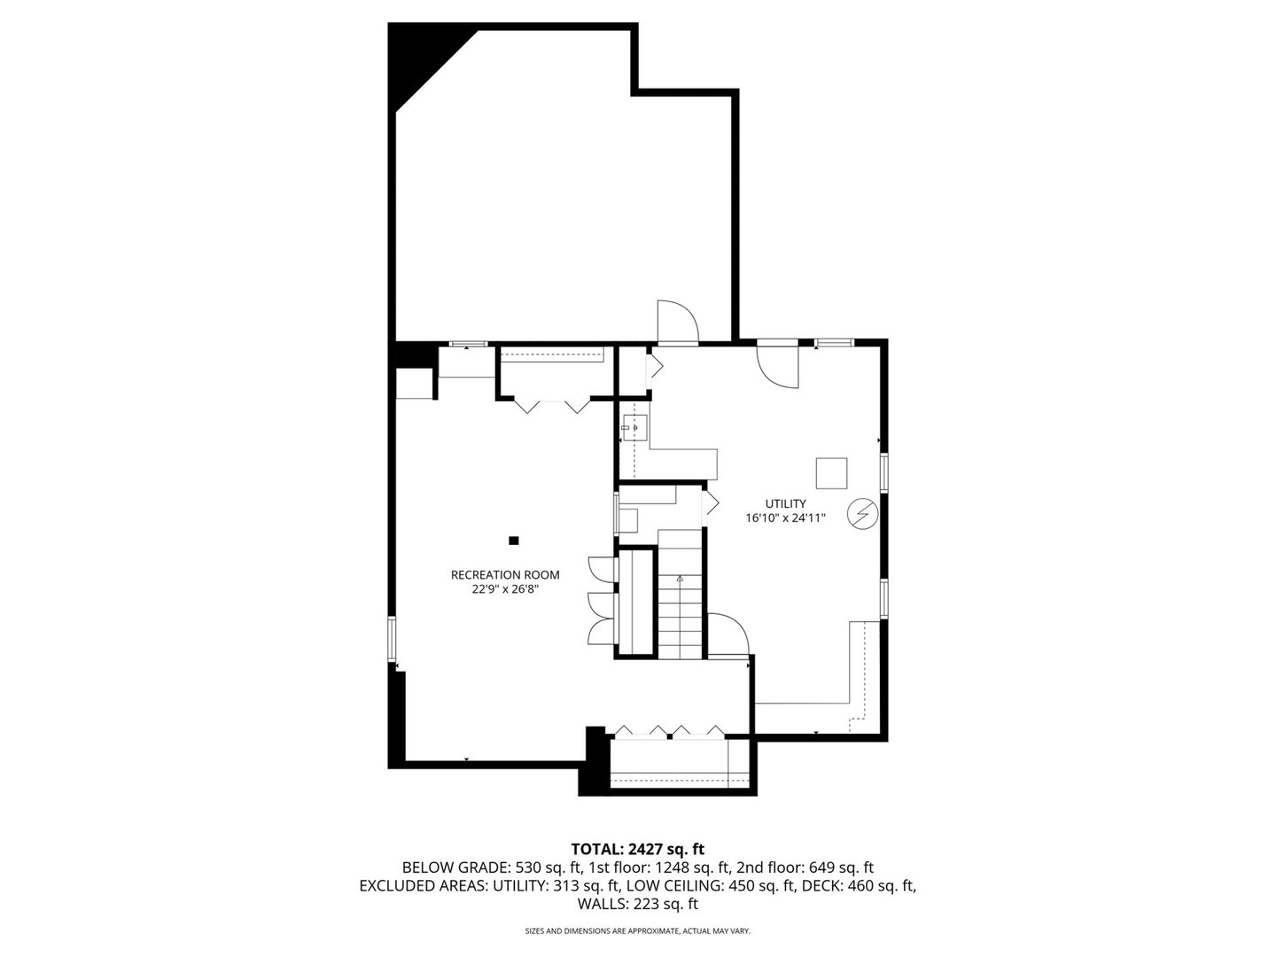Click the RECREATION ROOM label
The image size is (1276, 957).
pyautogui.click(x=505, y=574)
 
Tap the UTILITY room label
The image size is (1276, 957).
pyautogui.click(x=785, y=503)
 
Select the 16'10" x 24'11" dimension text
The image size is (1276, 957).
pyautogui.click(x=785, y=518)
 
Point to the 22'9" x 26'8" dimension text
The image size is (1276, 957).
pyautogui.click(x=505, y=588)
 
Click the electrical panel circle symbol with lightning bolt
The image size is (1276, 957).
pyautogui.click(x=861, y=514)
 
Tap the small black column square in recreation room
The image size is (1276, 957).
pyautogui.click(x=513, y=540)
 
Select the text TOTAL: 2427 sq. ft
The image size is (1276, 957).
pyautogui.click(x=637, y=849)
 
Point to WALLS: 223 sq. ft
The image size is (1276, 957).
pyautogui.click(x=637, y=905)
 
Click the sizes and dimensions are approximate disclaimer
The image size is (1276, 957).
pyautogui.click(x=637, y=931)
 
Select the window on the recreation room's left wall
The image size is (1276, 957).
pyautogui.click(x=391, y=639)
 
